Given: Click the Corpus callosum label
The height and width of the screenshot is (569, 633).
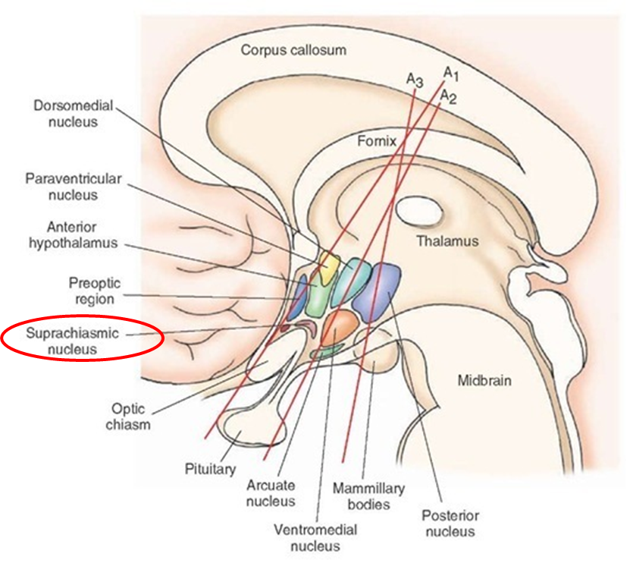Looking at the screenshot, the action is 293,50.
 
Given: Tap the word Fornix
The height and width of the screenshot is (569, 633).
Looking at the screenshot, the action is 377,141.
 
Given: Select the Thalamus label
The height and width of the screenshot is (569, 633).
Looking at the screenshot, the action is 447,241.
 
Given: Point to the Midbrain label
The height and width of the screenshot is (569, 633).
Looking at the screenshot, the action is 484,381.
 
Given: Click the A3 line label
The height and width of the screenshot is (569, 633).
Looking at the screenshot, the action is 415,80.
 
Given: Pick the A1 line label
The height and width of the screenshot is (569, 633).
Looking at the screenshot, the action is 451,74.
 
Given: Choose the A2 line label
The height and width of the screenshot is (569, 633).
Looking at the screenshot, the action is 448,97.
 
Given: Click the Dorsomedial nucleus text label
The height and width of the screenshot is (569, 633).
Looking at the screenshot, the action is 73,114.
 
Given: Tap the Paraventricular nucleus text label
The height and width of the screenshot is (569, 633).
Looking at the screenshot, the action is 73,187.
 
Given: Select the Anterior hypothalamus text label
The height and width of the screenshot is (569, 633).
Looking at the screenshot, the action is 73,234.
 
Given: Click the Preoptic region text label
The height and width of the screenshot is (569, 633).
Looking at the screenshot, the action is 95,291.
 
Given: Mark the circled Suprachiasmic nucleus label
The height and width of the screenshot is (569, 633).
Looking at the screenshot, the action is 73,341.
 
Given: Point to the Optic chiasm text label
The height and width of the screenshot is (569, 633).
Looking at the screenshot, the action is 128,417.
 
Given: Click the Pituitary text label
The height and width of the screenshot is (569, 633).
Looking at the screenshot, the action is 210,469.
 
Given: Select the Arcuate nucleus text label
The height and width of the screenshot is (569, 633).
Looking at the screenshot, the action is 271,493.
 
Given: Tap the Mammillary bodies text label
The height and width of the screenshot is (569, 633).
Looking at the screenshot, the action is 368,496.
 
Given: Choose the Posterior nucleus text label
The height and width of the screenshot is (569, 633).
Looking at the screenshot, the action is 450,523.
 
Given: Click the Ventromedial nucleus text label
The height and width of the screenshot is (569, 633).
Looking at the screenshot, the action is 315,538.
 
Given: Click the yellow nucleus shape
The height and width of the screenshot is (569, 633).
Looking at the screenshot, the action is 328,267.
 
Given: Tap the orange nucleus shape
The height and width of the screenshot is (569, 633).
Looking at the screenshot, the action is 340,328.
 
